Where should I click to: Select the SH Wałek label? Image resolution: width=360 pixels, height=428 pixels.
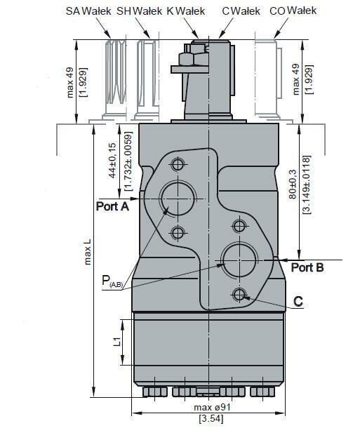point(139,11)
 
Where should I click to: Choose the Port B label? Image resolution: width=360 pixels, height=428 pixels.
point(307,267)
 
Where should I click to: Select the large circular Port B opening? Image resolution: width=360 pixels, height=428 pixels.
point(238,259)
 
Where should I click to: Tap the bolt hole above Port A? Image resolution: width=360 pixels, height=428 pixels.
point(177,165)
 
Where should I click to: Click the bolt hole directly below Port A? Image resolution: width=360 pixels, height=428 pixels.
point(177,232)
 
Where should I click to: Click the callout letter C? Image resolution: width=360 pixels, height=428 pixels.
point(298,301)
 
